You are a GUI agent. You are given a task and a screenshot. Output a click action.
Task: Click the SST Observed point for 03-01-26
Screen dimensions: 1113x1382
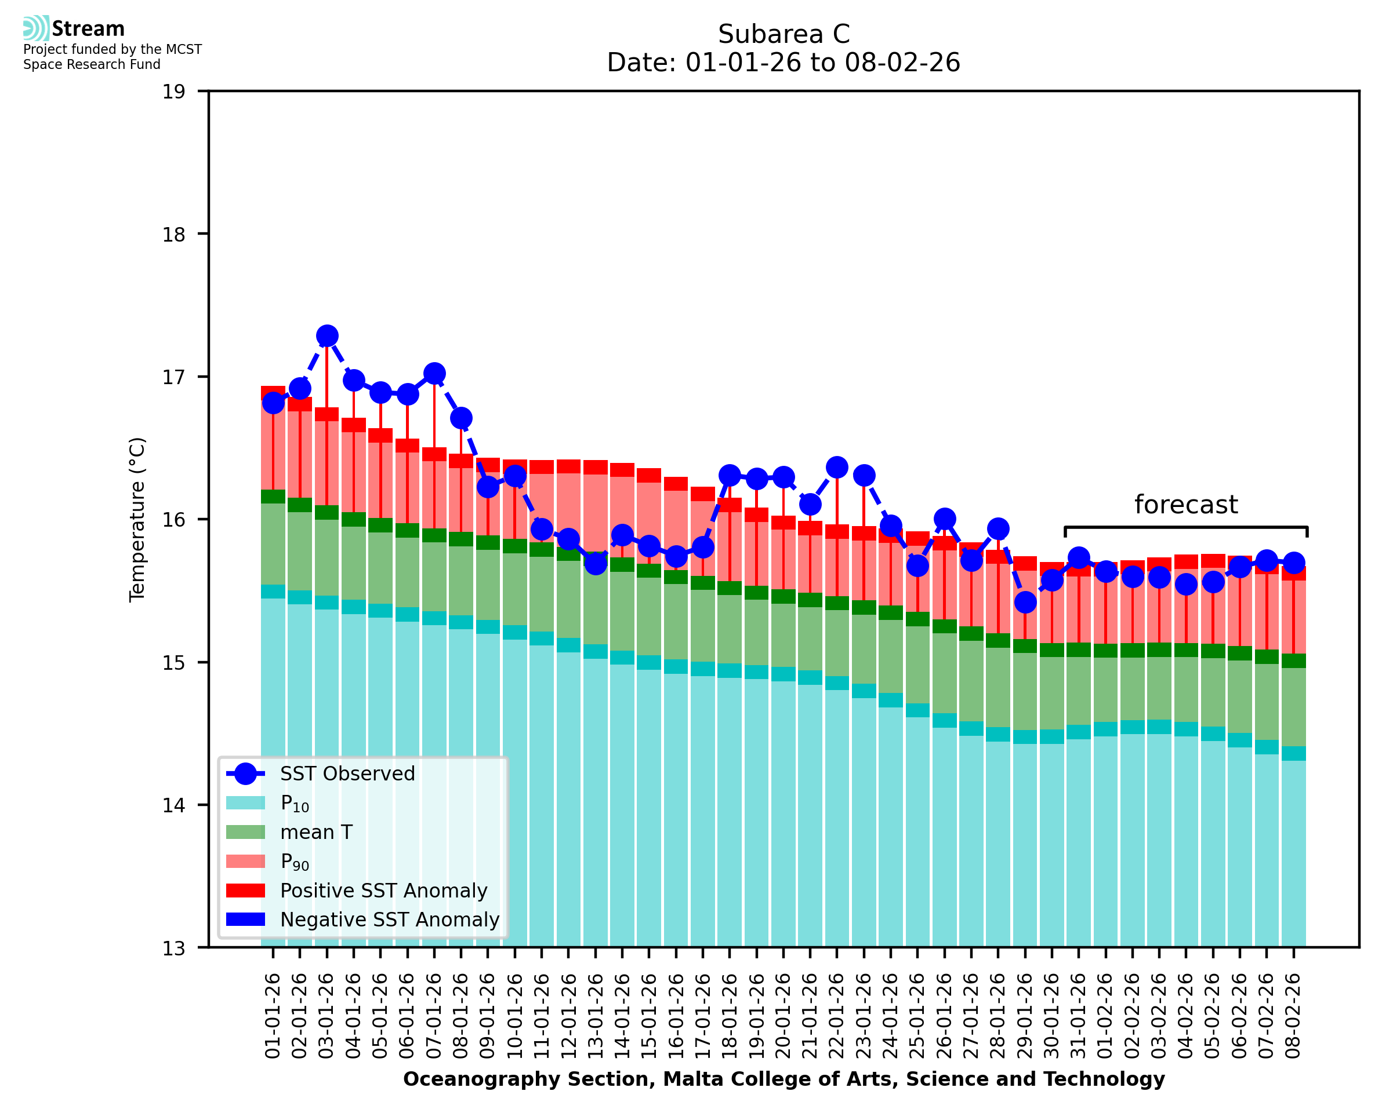click(327, 336)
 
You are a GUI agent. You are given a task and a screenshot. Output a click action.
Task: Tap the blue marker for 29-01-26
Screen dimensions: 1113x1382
click(1025, 602)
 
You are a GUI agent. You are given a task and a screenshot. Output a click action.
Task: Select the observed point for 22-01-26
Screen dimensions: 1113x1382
click(837, 467)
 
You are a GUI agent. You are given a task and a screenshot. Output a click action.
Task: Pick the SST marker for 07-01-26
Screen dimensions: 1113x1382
click(434, 373)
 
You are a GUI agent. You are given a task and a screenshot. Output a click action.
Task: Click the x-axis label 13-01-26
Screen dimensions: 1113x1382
click(596, 1016)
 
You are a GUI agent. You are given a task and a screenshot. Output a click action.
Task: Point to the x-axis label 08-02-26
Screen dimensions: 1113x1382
click(1293, 1016)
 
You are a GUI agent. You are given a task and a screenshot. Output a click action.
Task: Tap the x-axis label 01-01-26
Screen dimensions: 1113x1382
click(273, 1016)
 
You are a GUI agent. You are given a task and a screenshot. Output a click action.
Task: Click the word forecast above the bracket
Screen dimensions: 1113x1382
click(1185, 505)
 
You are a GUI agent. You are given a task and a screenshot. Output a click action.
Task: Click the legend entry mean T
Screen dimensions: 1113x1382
click(316, 832)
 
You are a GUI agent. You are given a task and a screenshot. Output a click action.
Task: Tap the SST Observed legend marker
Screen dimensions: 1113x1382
click(245, 774)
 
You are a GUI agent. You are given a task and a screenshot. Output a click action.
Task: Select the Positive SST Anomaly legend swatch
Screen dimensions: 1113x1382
click(245, 891)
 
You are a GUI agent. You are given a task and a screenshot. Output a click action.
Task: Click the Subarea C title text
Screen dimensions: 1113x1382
click(784, 34)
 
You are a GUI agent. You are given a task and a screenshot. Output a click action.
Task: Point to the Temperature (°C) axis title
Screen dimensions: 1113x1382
click(137, 519)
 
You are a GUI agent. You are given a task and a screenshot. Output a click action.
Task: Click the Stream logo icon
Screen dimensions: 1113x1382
click(36, 28)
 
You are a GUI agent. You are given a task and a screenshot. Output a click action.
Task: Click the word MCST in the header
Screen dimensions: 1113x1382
click(183, 49)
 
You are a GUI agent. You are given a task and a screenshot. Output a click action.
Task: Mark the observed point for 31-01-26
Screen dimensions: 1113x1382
click(1079, 558)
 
